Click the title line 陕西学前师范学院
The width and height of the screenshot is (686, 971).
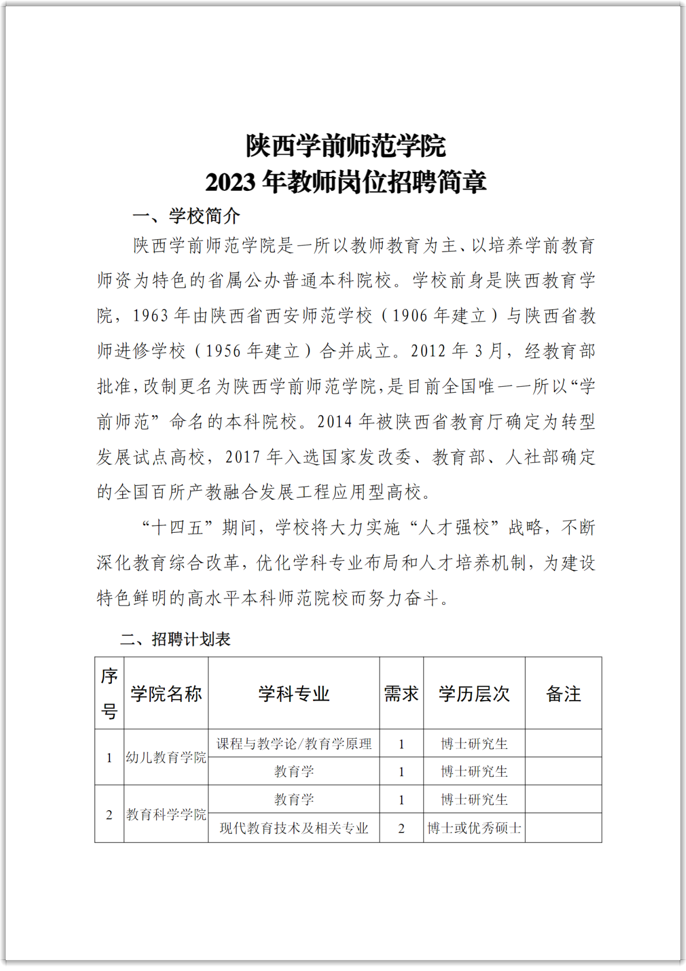[x=346, y=146]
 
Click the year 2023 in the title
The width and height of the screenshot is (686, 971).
[x=231, y=182]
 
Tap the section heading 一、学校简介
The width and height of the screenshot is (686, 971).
[x=186, y=216]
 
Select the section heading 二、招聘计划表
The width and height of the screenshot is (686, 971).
[x=175, y=639]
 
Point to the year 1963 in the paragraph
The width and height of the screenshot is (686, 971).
[x=150, y=316]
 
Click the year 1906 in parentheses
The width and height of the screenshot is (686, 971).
[x=410, y=316]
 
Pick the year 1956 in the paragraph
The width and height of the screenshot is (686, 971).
[x=223, y=351]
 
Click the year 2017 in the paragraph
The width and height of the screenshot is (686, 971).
[x=243, y=457]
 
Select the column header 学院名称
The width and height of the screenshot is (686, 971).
[x=166, y=694]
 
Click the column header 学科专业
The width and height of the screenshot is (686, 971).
[x=294, y=694]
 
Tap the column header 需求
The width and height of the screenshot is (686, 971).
[x=401, y=694]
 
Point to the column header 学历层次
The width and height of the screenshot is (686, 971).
[x=474, y=694]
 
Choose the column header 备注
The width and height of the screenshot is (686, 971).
[x=563, y=694]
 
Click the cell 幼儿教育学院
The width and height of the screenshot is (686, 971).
[x=166, y=758]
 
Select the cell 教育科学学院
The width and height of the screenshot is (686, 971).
[x=166, y=814]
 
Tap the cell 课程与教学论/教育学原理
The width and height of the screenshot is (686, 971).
[x=294, y=744]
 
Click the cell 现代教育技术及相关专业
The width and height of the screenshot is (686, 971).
[x=294, y=829]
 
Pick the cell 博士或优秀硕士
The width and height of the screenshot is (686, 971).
[x=474, y=829]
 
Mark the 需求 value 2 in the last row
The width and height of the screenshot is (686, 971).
[x=401, y=829]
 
